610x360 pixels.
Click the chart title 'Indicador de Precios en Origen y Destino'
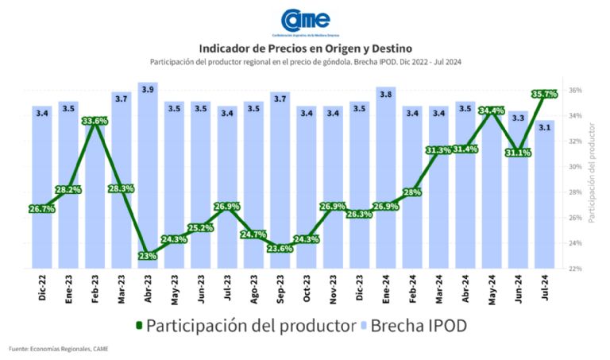pyautogui.click(x=306, y=48)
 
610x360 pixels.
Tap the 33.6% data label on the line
pyautogui.click(x=95, y=121)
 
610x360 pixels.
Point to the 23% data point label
pyautogui.click(x=148, y=256)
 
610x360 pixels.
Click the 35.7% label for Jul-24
pyautogui.click(x=544, y=94)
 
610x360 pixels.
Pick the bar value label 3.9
pyautogui.click(x=148, y=90)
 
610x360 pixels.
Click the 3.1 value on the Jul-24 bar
pyautogui.click(x=544, y=127)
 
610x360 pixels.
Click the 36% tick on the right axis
pyautogui.click(x=575, y=91)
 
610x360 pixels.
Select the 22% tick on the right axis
pyautogui.click(x=575, y=269)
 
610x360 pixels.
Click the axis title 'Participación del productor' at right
pyautogui.click(x=592, y=179)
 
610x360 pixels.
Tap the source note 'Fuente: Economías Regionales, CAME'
pyautogui.click(x=58, y=349)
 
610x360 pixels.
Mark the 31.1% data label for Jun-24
pyautogui.click(x=517, y=153)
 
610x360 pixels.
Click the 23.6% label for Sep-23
pyautogui.click(x=280, y=248)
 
